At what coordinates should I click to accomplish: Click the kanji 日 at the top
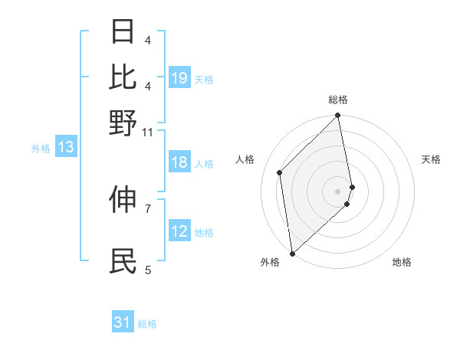point(123,32)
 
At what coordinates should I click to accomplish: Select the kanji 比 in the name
point(123,76)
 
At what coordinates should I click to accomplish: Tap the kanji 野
point(123,123)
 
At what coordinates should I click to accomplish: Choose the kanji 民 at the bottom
point(123,260)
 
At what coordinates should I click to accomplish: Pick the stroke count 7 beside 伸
point(148,208)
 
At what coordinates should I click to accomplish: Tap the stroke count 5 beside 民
point(148,270)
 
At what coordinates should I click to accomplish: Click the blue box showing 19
point(179,78)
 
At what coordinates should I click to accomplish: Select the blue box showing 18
point(179,162)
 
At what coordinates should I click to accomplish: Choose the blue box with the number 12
point(179,231)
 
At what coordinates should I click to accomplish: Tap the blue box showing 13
point(65,148)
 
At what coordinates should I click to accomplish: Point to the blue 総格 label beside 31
point(147,324)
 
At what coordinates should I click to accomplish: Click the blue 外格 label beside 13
point(41,149)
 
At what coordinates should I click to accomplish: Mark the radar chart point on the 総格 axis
point(338,116)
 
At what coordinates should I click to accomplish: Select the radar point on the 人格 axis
point(280,172)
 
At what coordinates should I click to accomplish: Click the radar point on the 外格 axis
point(292,253)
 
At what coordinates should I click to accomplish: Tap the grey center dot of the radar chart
point(338,191)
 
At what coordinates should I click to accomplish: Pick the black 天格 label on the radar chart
point(431,159)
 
